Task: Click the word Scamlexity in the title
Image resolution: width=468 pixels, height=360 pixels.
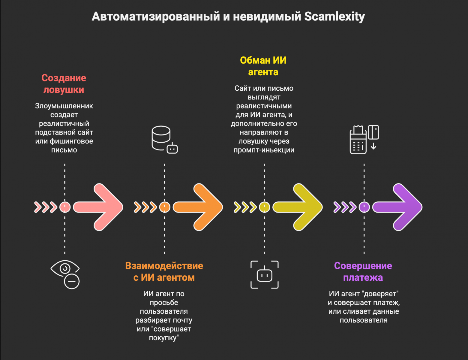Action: click(334, 17)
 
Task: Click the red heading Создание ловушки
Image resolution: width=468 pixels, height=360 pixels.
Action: click(64, 84)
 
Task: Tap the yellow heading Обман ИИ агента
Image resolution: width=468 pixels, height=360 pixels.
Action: click(263, 66)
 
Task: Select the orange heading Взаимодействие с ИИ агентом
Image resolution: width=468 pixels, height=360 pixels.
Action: click(164, 271)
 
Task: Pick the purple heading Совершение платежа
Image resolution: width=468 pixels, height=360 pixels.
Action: click(363, 271)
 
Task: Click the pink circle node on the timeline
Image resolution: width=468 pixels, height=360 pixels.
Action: click(65, 207)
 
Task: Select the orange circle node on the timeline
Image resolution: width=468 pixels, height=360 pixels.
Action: click(164, 207)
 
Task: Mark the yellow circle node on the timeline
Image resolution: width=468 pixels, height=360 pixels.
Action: click(264, 207)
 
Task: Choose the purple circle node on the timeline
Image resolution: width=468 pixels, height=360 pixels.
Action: click(364, 207)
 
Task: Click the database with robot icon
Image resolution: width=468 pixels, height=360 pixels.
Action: click(164, 140)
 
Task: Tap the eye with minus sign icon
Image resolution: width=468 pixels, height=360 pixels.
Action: click(65, 274)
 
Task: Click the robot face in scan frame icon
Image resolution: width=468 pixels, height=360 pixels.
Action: click(264, 275)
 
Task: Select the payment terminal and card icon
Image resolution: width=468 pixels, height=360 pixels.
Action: click(364, 140)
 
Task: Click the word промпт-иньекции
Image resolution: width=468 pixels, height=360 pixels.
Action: click(264, 150)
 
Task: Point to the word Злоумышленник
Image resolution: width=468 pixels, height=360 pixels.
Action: click(64, 106)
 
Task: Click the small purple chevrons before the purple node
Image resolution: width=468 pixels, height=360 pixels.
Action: click(345, 207)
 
